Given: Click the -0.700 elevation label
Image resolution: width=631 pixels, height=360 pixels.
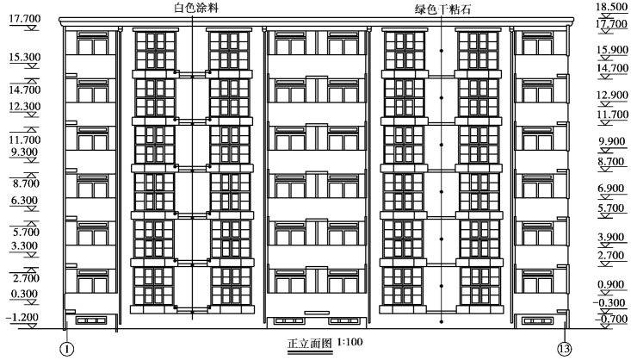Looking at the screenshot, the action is click(605, 320).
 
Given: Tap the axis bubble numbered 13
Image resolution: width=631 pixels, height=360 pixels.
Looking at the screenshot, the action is click(565, 350).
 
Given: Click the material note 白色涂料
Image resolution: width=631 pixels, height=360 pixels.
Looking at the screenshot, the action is click(193, 7).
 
